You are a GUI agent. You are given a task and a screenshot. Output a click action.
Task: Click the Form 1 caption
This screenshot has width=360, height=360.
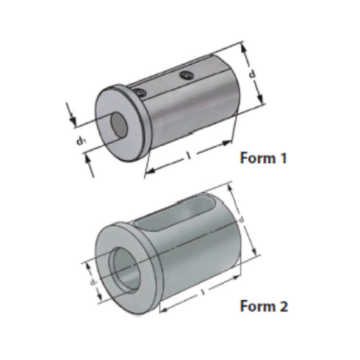[x=262, y=157]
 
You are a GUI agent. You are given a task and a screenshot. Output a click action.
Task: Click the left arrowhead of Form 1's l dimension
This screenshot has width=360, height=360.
[x=147, y=172]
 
